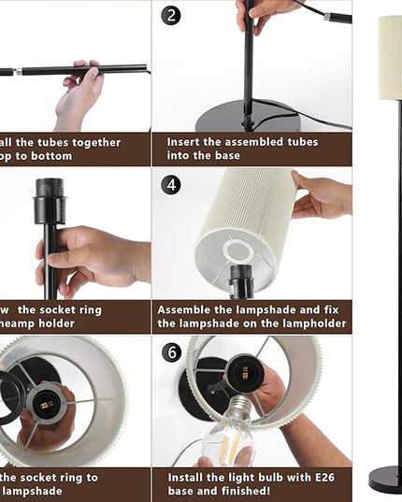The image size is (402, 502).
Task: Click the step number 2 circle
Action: coord(171,15)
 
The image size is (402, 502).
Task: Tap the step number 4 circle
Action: coord(171,184)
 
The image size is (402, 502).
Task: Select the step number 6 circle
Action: coord(171,352)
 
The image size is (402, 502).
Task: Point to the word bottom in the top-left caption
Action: coord(53,156)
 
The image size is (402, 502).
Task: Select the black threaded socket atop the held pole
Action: coord(50,201)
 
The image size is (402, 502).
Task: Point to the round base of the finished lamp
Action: coord(387,479)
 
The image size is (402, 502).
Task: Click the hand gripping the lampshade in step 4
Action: coord(323,196)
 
